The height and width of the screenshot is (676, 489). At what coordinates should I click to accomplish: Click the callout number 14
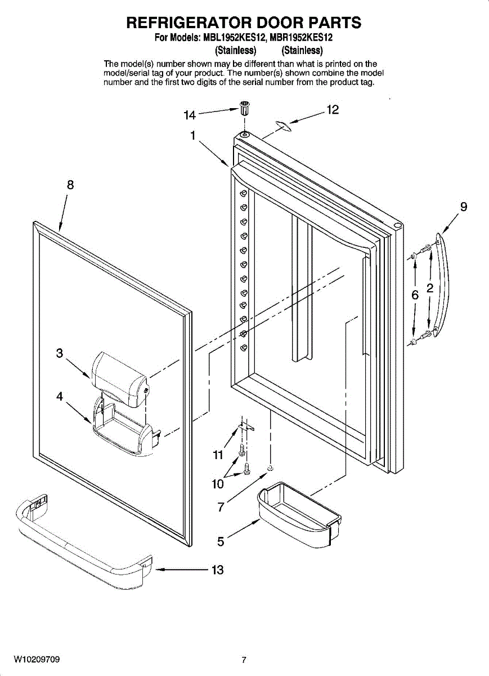pos(189,115)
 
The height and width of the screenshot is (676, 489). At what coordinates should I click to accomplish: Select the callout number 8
pos(70,185)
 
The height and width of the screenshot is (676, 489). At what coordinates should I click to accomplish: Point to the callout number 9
pos(463,207)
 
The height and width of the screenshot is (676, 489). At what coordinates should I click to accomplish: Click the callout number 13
pos(217,570)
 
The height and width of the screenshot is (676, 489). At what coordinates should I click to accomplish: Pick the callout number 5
pos(221,542)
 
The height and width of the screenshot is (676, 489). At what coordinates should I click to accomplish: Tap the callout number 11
pos(218,455)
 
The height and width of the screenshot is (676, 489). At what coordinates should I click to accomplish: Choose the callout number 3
pos(60,353)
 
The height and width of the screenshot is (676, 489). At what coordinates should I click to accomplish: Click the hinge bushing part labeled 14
pos(245,108)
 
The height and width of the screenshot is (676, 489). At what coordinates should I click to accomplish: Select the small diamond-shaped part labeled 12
pos(284,127)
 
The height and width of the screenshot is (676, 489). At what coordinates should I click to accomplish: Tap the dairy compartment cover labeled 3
pos(120,379)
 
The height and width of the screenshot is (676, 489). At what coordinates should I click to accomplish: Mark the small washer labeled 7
pos(271,468)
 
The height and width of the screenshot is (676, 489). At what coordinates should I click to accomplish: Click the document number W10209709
pos(37,659)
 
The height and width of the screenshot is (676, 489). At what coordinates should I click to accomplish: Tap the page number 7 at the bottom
pos(244,660)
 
